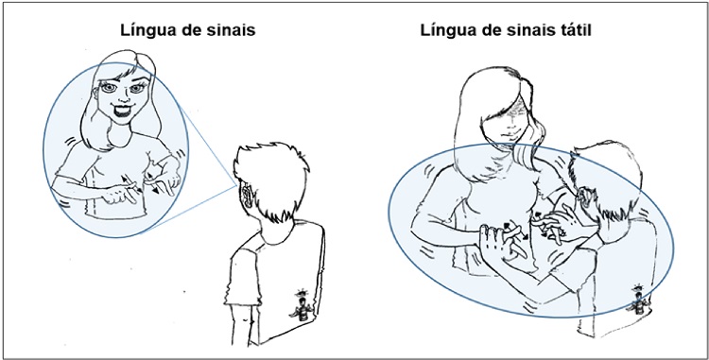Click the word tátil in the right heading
[x=573, y=30]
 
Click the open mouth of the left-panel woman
[x=121, y=111]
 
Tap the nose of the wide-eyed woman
[x=122, y=98]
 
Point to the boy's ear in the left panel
[x=247, y=196]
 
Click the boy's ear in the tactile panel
[x=583, y=196]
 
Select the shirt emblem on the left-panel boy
[x=302, y=306]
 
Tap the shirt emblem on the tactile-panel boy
[x=637, y=300]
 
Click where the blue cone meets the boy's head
[x=236, y=185]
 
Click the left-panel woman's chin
[x=121, y=122]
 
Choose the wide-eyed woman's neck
[x=120, y=132]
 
